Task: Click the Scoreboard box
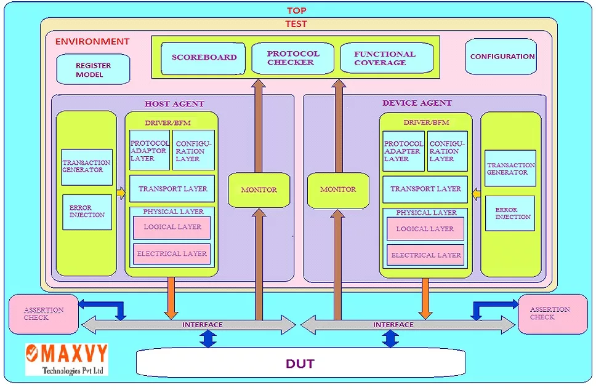pos(204,58)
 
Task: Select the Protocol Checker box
pos(293,58)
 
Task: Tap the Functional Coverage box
pos(384,58)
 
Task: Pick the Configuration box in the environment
pos(501,57)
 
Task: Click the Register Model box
pos(94,70)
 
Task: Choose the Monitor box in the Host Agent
pos(259,189)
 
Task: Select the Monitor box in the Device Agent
pos(338,189)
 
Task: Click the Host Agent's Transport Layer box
pos(172,189)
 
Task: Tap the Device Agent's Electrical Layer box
pos(425,255)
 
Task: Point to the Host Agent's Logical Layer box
pos(172,228)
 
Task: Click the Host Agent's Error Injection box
pos(87,212)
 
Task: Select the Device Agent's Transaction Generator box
pos(510,169)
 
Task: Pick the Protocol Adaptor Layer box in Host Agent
pos(150,151)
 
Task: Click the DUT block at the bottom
pos(300,364)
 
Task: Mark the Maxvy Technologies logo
pos(66,359)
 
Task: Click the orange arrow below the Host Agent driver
pos(171,298)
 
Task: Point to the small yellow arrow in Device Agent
pos(476,194)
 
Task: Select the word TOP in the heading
pos(296,10)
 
